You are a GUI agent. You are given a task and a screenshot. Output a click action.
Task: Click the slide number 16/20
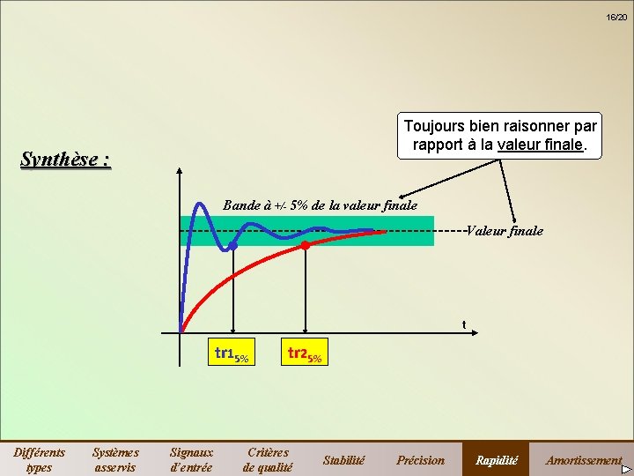click(x=616, y=17)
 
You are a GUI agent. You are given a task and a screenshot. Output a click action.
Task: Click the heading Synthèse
click(x=66, y=160)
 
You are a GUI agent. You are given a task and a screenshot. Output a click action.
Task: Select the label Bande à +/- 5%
click(x=320, y=205)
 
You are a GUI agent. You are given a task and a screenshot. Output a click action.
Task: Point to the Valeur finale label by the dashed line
click(x=505, y=231)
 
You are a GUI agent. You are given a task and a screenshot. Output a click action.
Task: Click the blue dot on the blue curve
click(x=232, y=246)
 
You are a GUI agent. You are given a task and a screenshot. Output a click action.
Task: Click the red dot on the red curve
click(x=305, y=245)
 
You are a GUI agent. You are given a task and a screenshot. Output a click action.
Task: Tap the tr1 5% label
click(x=232, y=355)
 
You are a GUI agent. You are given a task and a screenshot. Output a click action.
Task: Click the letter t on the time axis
click(x=464, y=324)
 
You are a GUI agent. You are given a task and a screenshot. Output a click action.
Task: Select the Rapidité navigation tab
click(x=497, y=459)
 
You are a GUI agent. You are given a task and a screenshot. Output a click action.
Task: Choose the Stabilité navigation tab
click(x=343, y=459)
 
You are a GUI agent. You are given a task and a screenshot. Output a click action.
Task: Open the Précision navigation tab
click(x=420, y=459)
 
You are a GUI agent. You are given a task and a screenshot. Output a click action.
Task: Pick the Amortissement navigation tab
click(x=583, y=459)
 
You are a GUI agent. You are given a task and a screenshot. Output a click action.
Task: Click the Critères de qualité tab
click(x=267, y=459)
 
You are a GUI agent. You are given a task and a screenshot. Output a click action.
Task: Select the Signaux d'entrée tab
click(x=191, y=459)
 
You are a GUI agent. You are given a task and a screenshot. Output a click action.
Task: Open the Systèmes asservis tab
click(x=115, y=459)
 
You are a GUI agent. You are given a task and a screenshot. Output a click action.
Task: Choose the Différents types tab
click(x=40, y=459)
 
